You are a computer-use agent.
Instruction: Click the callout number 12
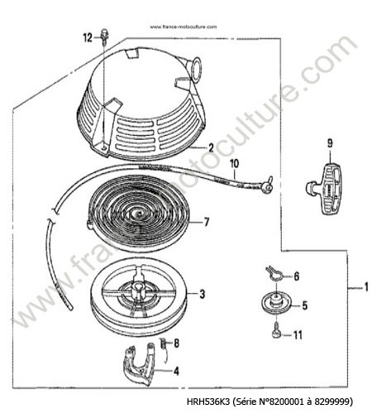tap(88, 37)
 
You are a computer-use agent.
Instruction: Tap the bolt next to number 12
tap(105, 36)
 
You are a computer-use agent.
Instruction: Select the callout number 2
tap(211, 148)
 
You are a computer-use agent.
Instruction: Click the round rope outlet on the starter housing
tap(197, 68)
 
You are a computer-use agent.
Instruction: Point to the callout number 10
tap(234, 163)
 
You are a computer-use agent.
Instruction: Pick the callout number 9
tap(330, 142)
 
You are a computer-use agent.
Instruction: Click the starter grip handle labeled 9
tap(326, 189)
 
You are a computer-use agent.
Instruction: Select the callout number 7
tap(206, 222)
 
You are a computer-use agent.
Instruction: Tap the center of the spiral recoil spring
tap(137, 214)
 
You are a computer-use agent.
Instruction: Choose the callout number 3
tap(203, 294)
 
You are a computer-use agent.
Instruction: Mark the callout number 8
tap(176, 343)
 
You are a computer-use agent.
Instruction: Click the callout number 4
tap(176, 371)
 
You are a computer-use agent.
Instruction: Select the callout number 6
tap(296, 276)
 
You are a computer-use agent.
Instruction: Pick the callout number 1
tap(366, 286)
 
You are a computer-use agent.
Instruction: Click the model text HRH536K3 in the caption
tap(208, 401)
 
